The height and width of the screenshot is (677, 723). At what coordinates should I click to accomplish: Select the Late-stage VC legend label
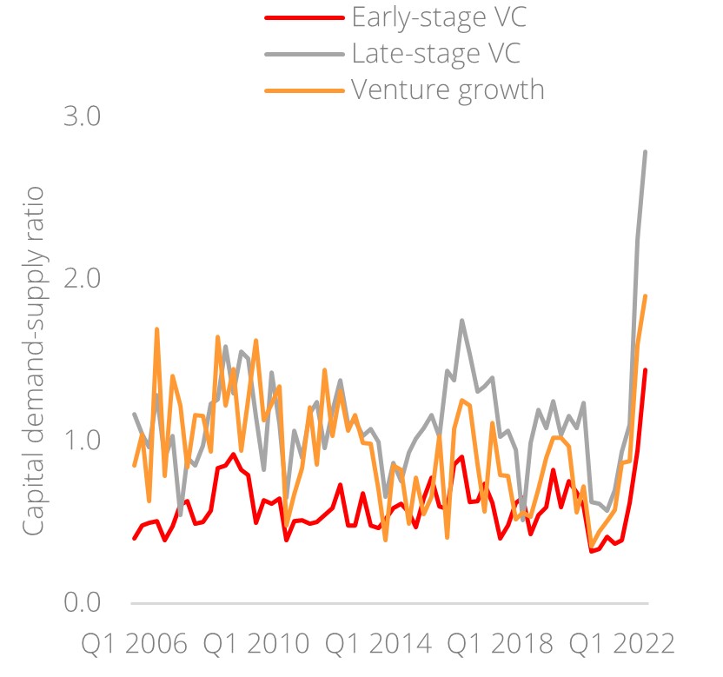click(x=436, y=53)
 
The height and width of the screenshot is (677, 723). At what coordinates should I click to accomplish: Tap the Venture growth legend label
click(x=448, y=89)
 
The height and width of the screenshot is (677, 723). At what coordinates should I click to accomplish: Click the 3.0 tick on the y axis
click(x=83, y=116)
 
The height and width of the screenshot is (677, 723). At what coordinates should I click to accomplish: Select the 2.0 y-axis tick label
click(x=83, y=278)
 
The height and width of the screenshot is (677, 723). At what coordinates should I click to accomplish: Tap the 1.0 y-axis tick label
click(x=83, y=441)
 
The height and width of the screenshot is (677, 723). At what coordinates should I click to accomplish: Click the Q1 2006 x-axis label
click(x=134, y=645)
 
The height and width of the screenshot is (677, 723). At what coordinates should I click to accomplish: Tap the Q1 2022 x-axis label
click(x=620, y=645)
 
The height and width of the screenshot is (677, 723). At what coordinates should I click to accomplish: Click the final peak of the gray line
click(x=645, y=152)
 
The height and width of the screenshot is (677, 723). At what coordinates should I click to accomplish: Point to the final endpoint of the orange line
click(x=645, y=296)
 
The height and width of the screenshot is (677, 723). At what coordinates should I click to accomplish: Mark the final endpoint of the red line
click(x=645, y=370)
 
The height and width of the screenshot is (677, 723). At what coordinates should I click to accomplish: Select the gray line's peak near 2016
click(x=461, y=321)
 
